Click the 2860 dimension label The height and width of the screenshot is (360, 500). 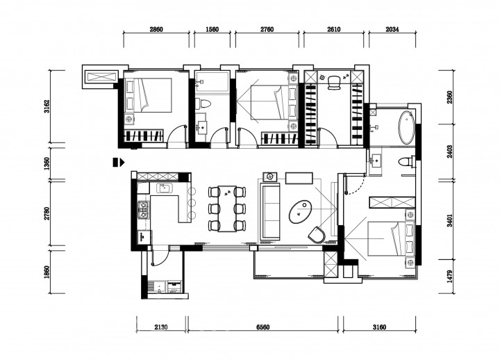click(x=156, y=29)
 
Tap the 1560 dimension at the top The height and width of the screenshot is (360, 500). click(x=212, y=29)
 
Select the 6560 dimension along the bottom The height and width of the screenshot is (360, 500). click(x=263, y=327)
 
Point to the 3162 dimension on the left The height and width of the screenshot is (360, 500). click(x=47, y=106)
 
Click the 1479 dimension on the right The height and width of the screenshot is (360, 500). click(x=449, y=277)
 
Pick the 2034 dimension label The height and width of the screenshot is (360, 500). click(x=392, y=29)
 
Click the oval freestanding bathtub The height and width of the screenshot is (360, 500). click(x=406, y=128)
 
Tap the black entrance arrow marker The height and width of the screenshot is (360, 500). click(x=119, y=162)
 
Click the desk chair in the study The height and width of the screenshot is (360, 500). click(x=334, y=82)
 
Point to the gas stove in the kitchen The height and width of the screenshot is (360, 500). click(x=143, y=210)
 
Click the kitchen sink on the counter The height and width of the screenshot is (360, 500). click(x=164, y=188)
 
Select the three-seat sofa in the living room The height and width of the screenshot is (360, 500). click(x=269, y=211)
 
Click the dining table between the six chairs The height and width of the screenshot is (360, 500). click(x=227, y=208)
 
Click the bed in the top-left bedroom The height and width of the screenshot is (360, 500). click(x=148, y=95)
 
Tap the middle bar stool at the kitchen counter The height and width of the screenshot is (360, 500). click(x=192, y=202)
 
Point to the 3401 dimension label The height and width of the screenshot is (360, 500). click(x=449, y=220)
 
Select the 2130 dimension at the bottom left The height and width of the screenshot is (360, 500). click(x=161, y=327)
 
